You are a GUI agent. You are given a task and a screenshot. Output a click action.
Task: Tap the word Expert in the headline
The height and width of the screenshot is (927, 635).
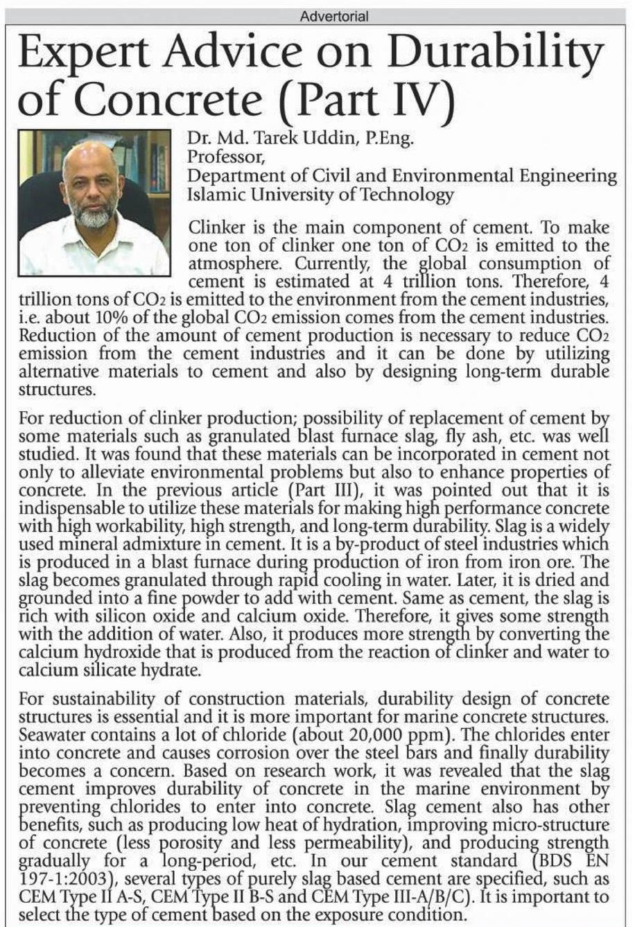point(78,55)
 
